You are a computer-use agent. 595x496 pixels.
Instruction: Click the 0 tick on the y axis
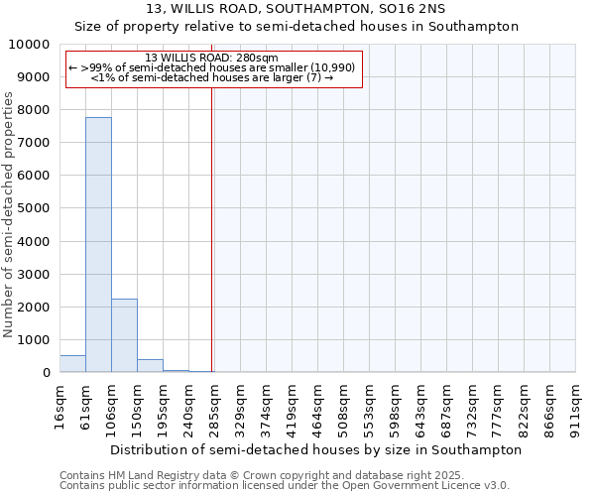[46, 372]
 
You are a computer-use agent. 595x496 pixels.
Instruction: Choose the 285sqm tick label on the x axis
[215, 407]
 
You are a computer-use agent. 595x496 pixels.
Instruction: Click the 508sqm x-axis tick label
[344, 407]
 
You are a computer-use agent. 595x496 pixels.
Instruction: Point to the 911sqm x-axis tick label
[576, 407]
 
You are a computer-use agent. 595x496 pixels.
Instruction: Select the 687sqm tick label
[447, 407]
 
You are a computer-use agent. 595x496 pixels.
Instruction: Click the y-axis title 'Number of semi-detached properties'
[10, 214]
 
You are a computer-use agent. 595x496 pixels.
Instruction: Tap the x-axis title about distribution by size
[315, 449]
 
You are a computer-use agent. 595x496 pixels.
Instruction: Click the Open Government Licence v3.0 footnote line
[285, 486]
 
